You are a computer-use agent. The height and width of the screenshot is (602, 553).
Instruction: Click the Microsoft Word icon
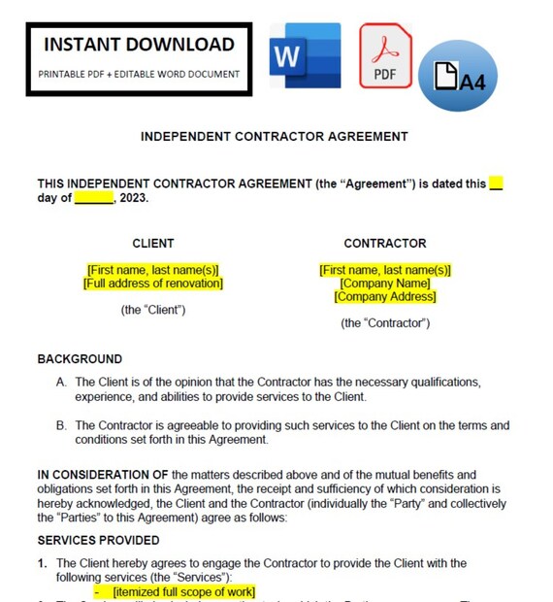(306, 57)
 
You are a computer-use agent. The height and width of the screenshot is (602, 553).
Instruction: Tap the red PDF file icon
(385, 57)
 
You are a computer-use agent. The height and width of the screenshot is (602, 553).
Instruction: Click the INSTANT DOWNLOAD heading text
(140, 45)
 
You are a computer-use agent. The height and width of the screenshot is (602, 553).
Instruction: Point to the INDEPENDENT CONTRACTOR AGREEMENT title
(275, 137)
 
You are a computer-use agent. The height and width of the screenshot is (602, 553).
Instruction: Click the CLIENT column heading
(153, 244)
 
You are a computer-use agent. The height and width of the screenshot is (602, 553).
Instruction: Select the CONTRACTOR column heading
(384, 244)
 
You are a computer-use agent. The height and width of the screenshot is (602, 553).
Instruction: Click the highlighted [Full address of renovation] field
(153, 284)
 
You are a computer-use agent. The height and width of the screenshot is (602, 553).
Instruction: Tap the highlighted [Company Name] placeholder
(385, 284)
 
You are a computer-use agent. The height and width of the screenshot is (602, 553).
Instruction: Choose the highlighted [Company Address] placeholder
(385, 297)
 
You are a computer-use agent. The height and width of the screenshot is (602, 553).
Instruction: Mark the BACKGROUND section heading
(80, 359)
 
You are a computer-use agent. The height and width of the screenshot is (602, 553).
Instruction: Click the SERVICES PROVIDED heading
(98, 540)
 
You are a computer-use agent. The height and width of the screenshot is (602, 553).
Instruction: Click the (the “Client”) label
(153, 310)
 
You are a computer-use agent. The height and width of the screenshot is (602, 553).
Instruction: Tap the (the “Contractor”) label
(385, 323)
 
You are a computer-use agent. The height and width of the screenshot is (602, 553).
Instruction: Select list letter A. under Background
(61, 383)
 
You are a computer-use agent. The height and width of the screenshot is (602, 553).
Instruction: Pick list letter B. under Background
(61, 425)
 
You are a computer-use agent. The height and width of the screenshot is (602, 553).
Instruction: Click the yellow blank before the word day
(496, 184)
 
